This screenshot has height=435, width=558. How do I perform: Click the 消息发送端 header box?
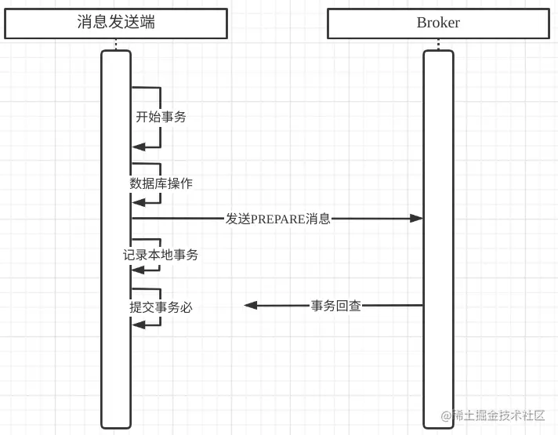point(116,23)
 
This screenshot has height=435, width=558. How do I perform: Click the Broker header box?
point(438,23)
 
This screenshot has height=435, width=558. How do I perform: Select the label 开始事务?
point(161,117)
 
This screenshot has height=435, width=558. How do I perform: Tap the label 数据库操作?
point(161,183)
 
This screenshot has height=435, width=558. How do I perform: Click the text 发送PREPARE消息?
point(277,219)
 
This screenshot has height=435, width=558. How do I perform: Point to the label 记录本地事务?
point(161,255)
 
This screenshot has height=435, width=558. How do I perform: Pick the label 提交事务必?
point(161,307)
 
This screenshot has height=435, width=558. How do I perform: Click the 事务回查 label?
point(336,306)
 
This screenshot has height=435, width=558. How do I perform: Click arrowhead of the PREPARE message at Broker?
point(416,219)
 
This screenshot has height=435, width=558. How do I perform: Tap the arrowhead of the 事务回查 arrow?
point(251,306)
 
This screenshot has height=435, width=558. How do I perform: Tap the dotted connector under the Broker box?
point(438,44)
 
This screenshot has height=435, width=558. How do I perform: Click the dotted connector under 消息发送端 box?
point(116,44)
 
